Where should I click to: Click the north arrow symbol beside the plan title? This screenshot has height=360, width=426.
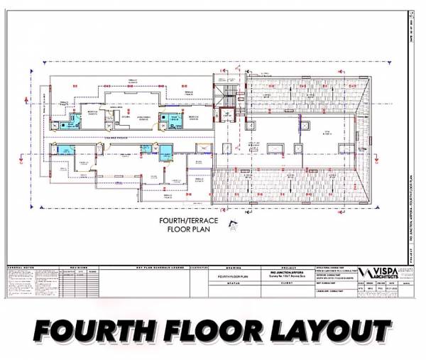231,226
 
